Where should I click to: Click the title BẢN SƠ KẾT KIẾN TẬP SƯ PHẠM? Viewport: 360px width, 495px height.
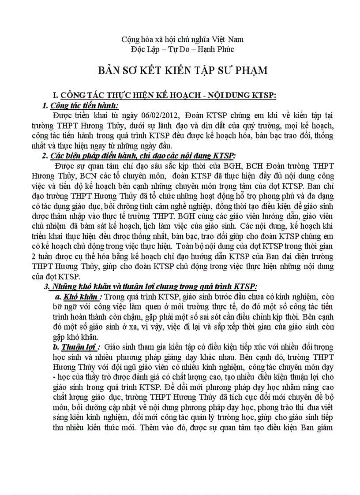tap(183, 71)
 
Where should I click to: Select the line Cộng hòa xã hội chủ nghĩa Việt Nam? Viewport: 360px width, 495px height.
tap(183, 39)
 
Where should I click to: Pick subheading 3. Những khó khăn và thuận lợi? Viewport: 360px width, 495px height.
tap(150, 286)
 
